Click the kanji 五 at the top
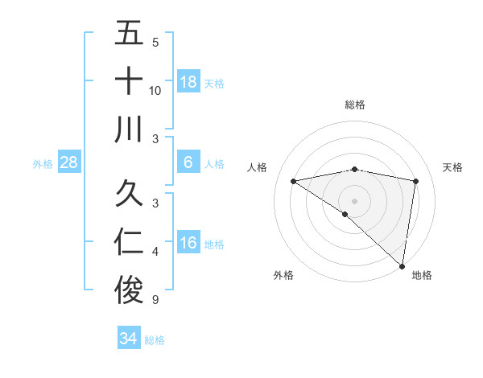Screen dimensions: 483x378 point(129,35)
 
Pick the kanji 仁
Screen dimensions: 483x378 point(129,243)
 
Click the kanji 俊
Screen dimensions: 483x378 point(129,290)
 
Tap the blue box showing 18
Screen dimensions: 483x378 point(188,82)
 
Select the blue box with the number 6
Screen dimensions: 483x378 point(188,162)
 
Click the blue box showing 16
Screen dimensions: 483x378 point(188,243)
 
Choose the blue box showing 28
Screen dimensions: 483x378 point(69,162)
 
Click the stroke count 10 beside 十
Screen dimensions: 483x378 point(155,91)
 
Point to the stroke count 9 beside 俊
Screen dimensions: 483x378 point(155,300)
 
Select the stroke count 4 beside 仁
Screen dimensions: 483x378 point(155,253)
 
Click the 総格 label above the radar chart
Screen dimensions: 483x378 point(355,105)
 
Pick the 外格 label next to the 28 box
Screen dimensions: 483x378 point(43,164)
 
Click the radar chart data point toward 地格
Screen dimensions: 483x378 point(402,265)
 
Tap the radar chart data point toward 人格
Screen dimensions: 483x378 point(294,180)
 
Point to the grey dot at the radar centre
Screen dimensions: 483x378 point(355,199)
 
